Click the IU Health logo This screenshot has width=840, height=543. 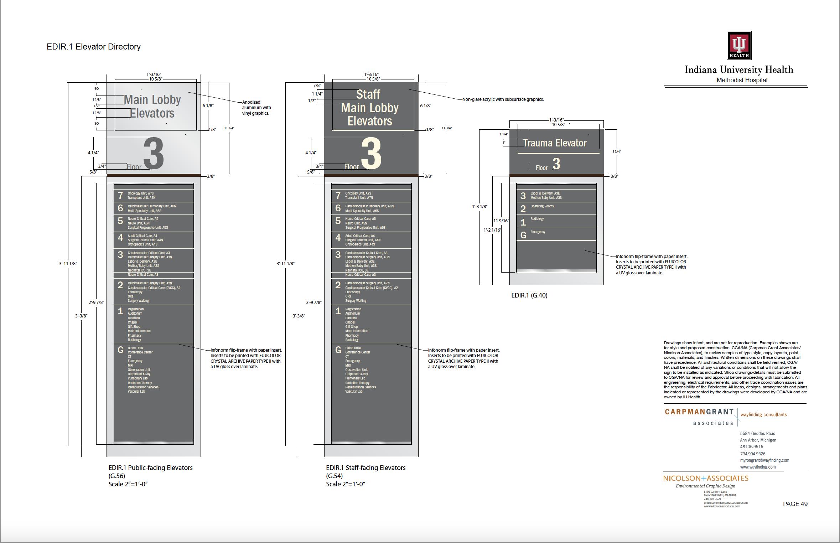[x=739, y=45]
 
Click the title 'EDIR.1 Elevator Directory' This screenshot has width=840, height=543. [x=94, y=47]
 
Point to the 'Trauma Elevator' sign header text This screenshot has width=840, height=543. [x=555, y=143]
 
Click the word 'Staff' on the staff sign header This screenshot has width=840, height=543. [x=368, y=94]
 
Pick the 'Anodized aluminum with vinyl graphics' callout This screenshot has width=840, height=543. [x=256, y=108]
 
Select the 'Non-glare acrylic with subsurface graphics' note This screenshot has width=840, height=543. [x=503, y=99]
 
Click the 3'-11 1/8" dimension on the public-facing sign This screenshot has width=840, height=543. [x=68, y=264]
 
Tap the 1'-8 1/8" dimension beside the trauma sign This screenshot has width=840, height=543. [x=479, y=206]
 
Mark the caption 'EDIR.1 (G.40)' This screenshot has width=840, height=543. [x=529, y=295]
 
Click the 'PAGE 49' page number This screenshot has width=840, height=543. [x=795, y=504]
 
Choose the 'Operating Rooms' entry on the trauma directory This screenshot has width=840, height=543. [x=542, y=206]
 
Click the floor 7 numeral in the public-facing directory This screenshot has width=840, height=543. [x=120, y=196]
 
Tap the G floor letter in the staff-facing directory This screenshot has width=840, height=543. [x=338, y=350]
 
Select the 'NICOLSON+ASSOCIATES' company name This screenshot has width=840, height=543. [x=706, y=478]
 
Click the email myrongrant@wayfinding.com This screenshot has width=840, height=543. [x=764, y=460]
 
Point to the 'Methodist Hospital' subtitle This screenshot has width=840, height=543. [x=742, y=80]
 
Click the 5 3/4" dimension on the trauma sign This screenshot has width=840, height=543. [x=617, y=152]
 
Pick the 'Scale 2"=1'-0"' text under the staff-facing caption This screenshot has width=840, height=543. [x=346, y=484]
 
